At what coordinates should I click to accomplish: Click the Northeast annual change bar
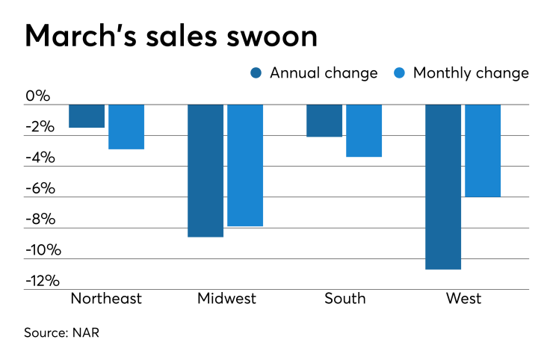(87, 116)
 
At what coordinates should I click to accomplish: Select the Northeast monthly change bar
(126, 126)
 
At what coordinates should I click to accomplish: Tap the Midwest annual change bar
(206, 170)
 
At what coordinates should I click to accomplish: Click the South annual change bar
(324, 120)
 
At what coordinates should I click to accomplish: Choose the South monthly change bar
(364, 130)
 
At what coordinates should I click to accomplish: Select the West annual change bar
(443, 186)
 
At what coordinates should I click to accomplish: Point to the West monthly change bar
(483, 150)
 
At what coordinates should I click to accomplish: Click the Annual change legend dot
(256, 73)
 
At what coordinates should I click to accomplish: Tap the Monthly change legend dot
(399, 73)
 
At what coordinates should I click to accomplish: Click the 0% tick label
(37, 96)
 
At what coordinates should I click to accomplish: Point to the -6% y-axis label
(40, 188)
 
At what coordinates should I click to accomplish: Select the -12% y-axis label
(42, 281)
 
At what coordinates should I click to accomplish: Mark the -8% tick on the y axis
(40, 220)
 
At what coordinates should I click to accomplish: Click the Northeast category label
(106, 299)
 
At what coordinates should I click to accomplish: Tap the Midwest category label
(226, 299)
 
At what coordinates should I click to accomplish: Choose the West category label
(463, 299)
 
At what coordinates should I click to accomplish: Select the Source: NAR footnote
(62, 333)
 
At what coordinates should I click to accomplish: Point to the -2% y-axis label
(40, 127)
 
